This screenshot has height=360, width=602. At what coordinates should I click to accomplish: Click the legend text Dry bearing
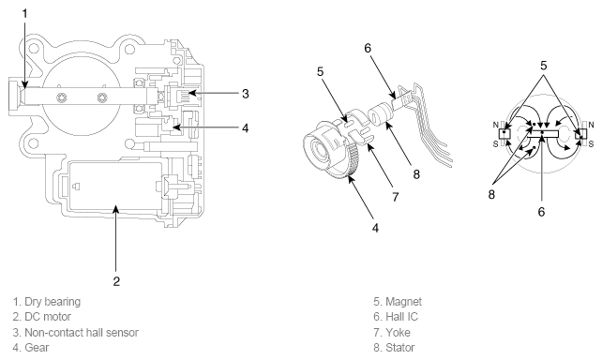click(53, 302)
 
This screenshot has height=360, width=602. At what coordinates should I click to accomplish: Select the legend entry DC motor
click(48, 317)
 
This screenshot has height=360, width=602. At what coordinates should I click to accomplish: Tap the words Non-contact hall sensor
click(82, 333)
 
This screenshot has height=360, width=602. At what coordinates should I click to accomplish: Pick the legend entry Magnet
click(403, 302)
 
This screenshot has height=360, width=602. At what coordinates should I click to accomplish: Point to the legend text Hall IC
click(401, 317)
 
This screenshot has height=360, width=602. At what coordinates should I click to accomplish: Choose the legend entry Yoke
click(398, 333)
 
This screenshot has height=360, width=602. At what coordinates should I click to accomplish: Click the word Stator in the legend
click(400, 348)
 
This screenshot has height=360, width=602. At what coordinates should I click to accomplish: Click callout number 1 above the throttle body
click(25, 14)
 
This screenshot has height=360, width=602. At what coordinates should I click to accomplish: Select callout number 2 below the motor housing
click(116, 281)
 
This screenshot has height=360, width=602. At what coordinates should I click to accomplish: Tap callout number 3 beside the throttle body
click(246, 94)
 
